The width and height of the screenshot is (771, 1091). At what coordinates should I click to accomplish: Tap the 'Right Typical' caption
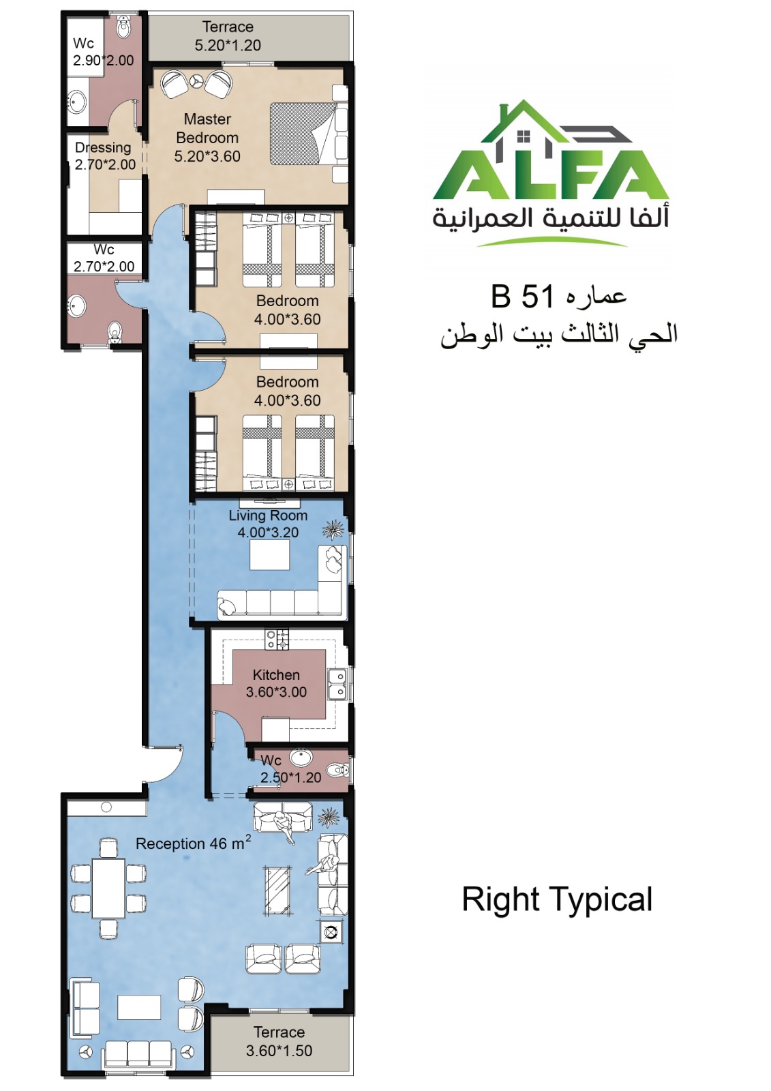(x=557, y=900)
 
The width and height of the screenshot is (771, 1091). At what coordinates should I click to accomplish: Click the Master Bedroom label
(x=207, y=128)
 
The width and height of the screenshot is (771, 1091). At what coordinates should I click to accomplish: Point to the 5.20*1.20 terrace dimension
(x=228, y=45)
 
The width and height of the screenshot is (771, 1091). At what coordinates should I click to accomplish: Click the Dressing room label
(x=103, y=147)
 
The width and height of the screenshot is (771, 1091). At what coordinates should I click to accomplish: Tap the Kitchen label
(x=276, y=674)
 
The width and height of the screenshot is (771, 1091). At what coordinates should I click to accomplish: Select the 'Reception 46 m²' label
(x=194, y=843)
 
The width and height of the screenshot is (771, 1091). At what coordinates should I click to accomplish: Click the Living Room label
(x=268, y=515)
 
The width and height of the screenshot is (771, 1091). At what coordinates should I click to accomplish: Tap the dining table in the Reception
(x=108, y=888)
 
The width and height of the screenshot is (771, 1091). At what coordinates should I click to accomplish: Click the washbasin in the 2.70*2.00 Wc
(x=77, y=306)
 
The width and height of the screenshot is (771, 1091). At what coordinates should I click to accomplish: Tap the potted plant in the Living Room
(x=334, y=528)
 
